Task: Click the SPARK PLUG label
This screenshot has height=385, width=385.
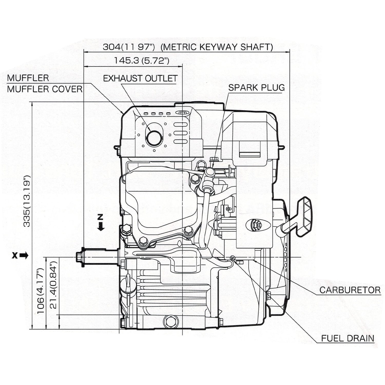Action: click(256, 88)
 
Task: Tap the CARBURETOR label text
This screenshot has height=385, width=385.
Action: click(350, 290)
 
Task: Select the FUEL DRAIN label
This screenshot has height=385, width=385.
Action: click(348, 338)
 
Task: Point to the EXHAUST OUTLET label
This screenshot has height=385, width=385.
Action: click(140, 78)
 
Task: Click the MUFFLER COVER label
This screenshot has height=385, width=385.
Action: click(45, 89)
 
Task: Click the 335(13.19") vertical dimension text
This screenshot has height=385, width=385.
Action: click(27, 201)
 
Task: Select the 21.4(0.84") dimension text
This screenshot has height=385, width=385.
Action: click(53, 285)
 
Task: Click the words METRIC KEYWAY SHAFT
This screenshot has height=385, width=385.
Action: click(218, 47)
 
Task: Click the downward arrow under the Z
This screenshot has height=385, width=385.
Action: click(101, 226)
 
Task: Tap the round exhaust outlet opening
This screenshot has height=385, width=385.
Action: click(154, 138)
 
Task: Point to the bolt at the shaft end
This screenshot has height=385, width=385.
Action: click(79, 257)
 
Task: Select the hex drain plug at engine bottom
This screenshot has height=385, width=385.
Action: click(171, 321)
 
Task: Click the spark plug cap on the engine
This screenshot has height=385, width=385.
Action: click(209, 172)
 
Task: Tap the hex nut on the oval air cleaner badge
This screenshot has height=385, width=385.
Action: click(257, 225)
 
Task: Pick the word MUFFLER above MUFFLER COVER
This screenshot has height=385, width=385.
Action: click(28, 78)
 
